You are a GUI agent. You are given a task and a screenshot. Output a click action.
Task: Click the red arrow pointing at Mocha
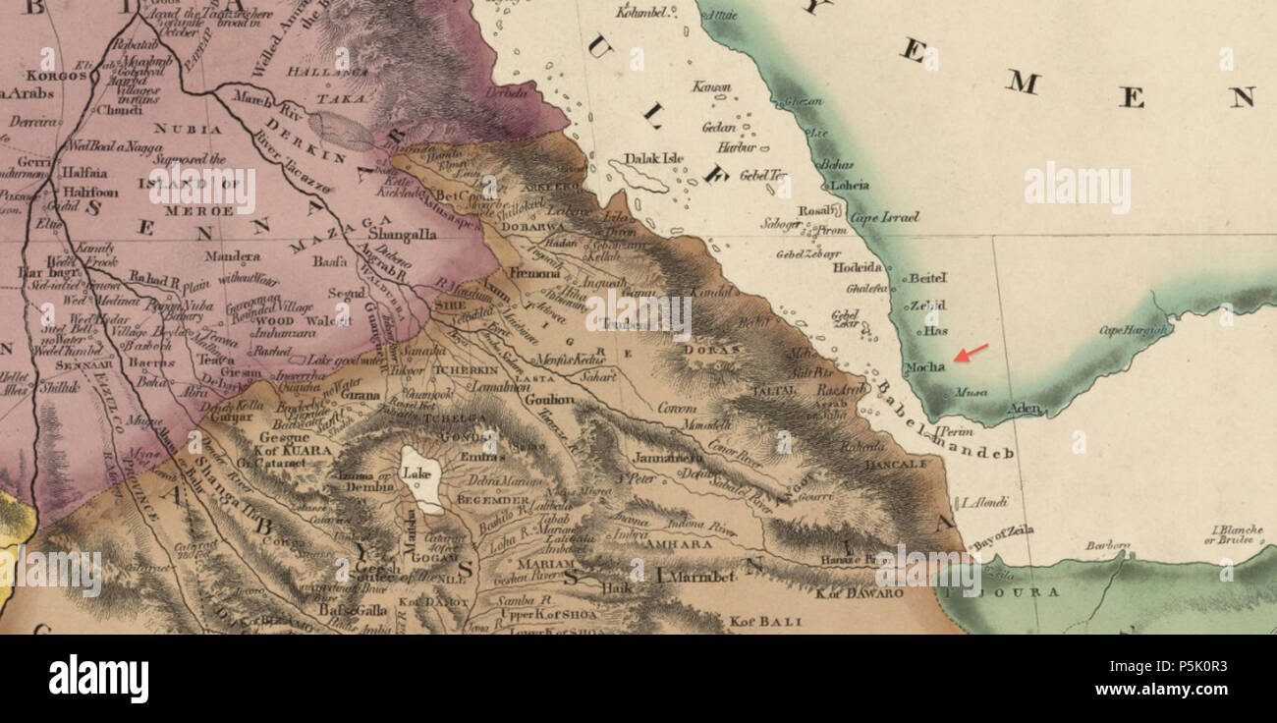click(971, 353)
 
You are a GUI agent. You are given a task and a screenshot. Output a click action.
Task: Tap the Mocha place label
click(925, 367)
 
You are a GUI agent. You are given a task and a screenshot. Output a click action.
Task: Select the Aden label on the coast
click(1024, 409)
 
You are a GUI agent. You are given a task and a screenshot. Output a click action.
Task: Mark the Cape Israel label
click(885, 217)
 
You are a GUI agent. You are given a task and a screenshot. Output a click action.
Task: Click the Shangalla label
click(403, 235)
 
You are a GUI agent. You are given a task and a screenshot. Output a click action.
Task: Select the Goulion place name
click(549, 400)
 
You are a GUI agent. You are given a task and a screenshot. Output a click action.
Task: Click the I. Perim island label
click(953, 431)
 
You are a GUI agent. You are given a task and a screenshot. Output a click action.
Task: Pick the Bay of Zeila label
click(1003, 533)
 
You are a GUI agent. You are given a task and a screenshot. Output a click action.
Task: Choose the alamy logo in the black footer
click(98, 679)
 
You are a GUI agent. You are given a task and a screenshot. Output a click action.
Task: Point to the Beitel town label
click(926, 278)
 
